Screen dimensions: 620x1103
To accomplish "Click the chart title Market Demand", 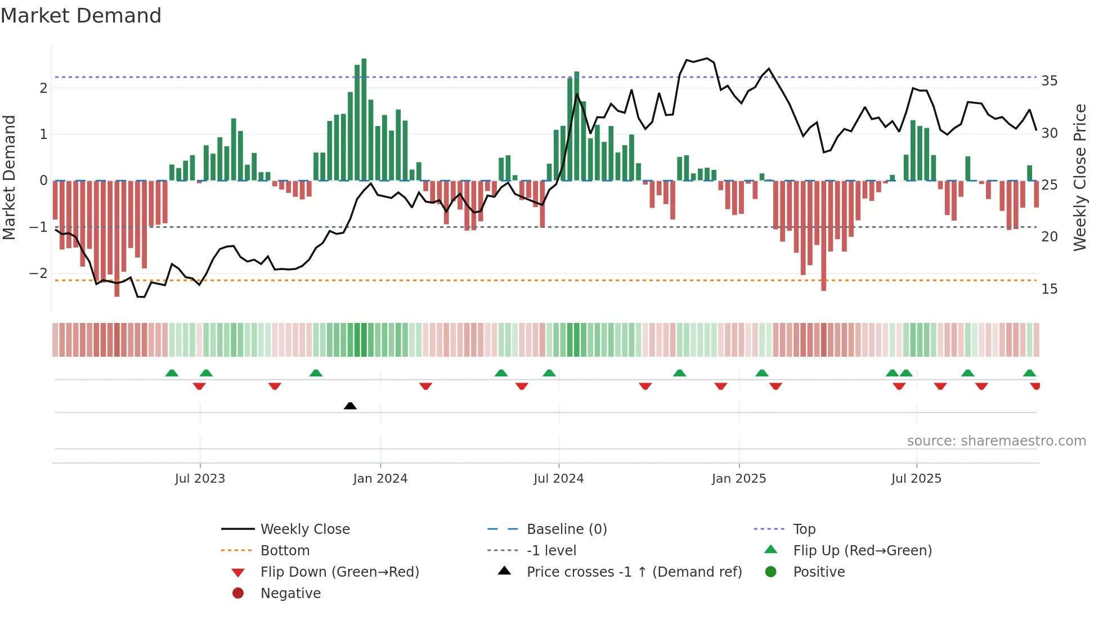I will (81, 16).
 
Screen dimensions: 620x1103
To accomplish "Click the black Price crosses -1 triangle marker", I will (350, 406).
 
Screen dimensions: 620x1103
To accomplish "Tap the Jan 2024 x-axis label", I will (380, 479).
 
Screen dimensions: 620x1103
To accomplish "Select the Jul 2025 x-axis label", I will (916, 479).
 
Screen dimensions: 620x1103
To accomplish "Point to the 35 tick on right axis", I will (1049, 81).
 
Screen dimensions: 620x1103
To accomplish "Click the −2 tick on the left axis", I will (38, 273).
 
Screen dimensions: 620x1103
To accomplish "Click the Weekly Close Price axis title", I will (1079, 177).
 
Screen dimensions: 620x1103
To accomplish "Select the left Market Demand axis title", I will (10, 177).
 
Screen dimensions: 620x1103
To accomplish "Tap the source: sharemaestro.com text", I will (996, 441).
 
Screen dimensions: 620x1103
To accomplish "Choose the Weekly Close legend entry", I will (304, 529).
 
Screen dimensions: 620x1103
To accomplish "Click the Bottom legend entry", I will (285, 551).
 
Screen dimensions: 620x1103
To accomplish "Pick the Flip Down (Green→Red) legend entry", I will (339, 572).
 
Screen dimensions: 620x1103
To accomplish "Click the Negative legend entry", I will (290, 594).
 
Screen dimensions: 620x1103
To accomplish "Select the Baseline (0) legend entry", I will (566, 529).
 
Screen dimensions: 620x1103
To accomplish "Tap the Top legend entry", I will (804, 529).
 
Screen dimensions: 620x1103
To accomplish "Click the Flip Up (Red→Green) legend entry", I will (862, 551).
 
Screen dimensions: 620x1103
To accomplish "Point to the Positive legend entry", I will (819, 572).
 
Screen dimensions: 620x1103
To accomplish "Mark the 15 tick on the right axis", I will (1049, 289).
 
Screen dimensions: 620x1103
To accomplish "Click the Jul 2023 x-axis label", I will (200, 479).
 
